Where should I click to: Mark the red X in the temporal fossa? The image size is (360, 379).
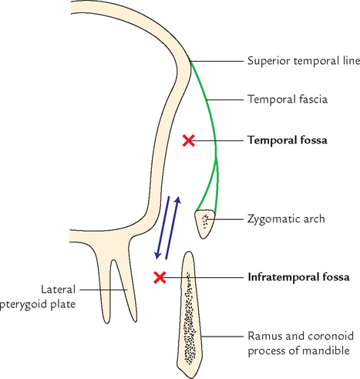[x=188, y=140]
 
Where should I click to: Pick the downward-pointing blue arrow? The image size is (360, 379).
[x=163, y=228]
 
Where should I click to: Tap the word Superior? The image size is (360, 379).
[x=267, y=61]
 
